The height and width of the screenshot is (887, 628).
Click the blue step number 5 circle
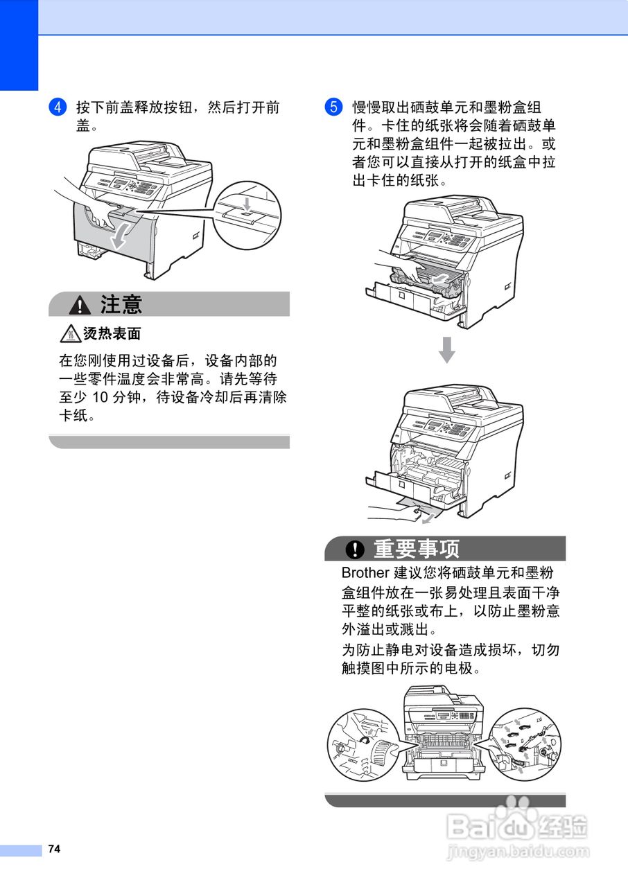pyautogui.click(x=333, y=107)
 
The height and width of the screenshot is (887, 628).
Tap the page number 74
pyautogui.click(x=55, y=849)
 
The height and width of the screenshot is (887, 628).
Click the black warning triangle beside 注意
pyautogui.click(x=82, y=304)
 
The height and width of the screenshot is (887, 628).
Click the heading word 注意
pyautogui.click(x=121, y=304)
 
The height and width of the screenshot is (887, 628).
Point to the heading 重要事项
pyautogui.click(x=417, y=549)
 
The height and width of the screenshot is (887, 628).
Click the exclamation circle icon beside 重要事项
pyautogui.click(x=355, y=550)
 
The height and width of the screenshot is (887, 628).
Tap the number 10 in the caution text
pyautogui.click(x=101, y=398)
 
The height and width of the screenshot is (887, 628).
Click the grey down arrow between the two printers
pyautogui.click(x=447, y=349)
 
